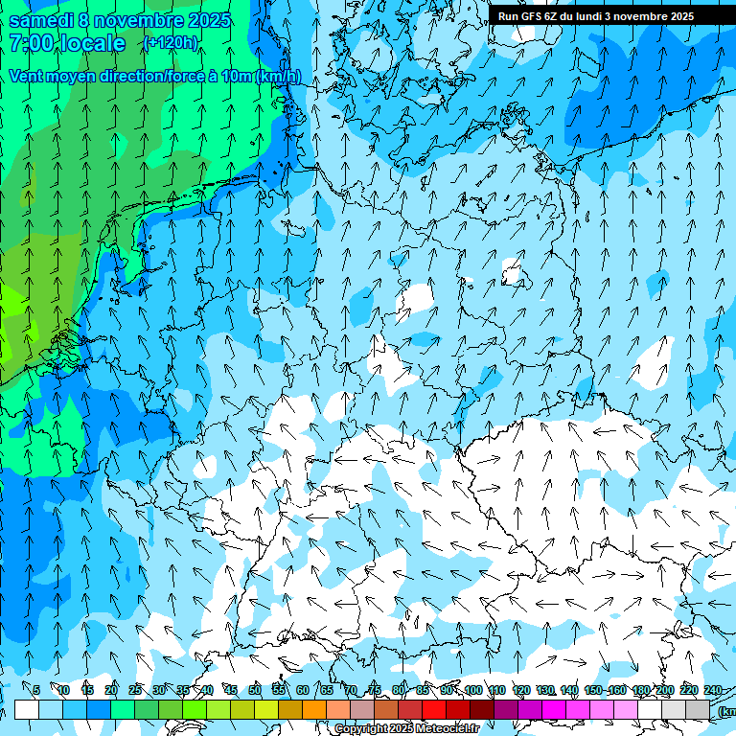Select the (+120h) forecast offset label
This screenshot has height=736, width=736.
point(171,43)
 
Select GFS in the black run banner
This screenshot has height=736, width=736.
point(533,16)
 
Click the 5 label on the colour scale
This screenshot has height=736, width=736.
point(36,690)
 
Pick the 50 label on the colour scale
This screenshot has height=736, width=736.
point(255,690)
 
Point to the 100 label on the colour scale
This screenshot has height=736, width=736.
point(472,690)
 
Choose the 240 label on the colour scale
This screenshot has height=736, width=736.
point(713,690)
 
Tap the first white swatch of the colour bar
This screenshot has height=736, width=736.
point(27,709)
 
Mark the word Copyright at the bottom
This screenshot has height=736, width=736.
point(361,729)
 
